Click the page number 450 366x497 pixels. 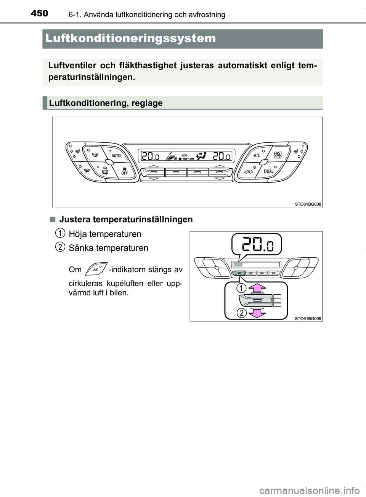tap(39, 13)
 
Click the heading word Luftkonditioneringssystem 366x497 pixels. tap(130, 39)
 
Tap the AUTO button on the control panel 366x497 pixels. tap(116, 156)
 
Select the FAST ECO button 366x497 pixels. tap(278, 155)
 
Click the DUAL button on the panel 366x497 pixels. tap(268, 171)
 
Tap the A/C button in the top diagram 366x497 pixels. tap(257, 156)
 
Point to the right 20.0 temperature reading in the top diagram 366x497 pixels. tap(222, 156)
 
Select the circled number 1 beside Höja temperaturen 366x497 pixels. tap(59, 232)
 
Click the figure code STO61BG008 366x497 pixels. tap(308, 204)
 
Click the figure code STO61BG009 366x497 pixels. tap(308, 318)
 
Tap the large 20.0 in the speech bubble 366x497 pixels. tap(256, 244)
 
